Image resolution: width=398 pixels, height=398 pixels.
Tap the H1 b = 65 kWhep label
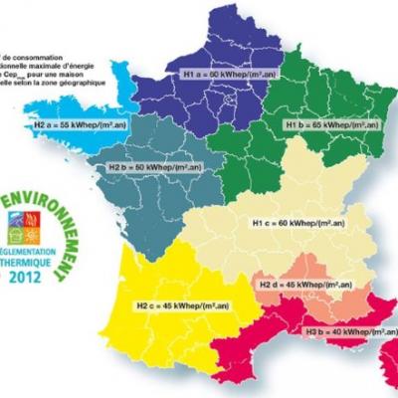[x=332, y=127]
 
